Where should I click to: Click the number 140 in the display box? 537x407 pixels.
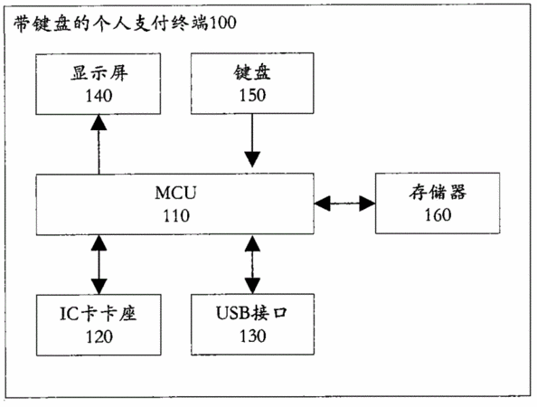coord(99,96)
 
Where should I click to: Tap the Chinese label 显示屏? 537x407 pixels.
coord(99,72)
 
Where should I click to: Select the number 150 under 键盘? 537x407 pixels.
coord(252,95)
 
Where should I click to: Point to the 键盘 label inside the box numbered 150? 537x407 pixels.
coord(252,72)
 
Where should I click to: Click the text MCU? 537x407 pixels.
coord(175,193)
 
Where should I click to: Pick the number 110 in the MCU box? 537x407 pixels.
coord(176,216)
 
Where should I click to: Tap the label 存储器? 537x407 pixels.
coord(438,192)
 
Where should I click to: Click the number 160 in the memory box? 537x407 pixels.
coord(438,215)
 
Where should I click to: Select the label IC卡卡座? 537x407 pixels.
coord(99,314)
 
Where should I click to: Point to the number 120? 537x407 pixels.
coord(99,336)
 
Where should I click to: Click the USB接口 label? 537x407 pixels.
coord(251,313)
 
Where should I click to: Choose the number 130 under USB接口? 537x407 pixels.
coord(253,336)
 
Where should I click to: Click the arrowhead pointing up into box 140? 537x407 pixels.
coord(99,122)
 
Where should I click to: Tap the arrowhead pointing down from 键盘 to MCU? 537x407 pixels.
coord(252,159)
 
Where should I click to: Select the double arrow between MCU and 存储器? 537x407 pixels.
coord(344,203)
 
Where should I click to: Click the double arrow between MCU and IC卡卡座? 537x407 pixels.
coord(99,264)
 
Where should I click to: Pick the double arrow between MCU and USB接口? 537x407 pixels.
coord(252,264)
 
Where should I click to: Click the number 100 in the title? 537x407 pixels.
coord(222,24)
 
